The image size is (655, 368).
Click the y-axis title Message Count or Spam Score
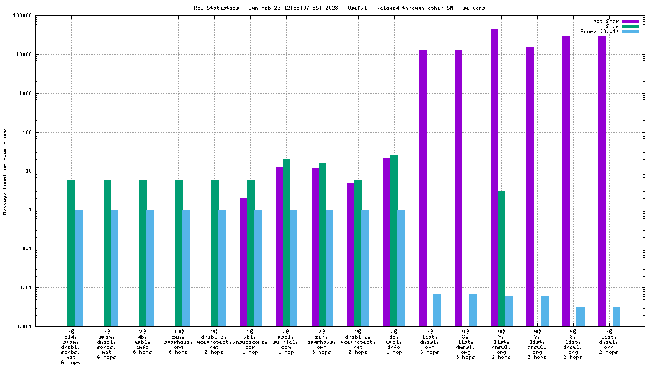click(5, 171)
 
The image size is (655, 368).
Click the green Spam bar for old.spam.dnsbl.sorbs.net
click(72, 252)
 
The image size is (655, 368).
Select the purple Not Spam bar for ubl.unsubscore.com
click(243, 262)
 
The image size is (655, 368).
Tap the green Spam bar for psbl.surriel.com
click(287, 243)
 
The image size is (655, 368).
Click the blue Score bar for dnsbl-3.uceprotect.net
click(222, 268)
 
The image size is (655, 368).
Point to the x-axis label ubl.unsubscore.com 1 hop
click(250, 342)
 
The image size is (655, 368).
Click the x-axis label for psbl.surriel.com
click(286, 342)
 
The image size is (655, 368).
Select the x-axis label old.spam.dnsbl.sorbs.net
click(71, 347)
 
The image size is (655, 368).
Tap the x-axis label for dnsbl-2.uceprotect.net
click(358, 342)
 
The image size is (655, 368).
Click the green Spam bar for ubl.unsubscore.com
click(251, 252)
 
